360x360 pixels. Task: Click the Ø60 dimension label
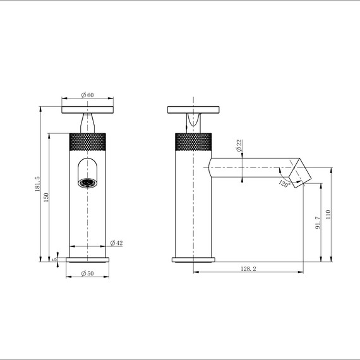[x=88, y=95]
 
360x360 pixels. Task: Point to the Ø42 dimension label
[x=116, y=243]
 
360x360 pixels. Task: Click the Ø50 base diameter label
[x=87, y=273]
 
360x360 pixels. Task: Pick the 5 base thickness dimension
[x=55, y=259]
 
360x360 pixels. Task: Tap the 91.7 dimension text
[x=318, y=222]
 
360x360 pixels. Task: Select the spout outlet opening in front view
[x=88, y=183]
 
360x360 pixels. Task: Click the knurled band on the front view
[x=88, y=142]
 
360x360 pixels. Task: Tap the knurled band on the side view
[x=193, y=142]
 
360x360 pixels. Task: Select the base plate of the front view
[x=88, y=259]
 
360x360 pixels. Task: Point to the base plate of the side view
[x=193, y=259]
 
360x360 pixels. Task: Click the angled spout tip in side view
[x=297, y=172]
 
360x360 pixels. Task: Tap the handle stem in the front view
[x=88, y=122]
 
